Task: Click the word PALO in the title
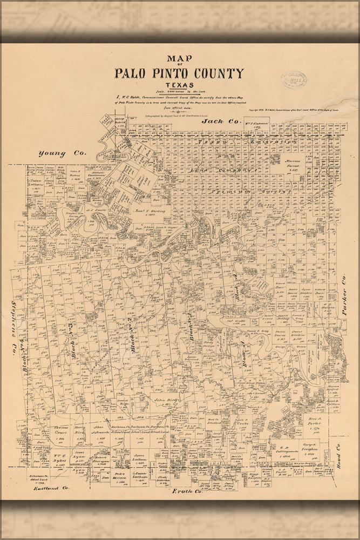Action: click(x=132, y=73)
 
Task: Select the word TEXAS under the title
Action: click(x=179, y=85)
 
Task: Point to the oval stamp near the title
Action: click(x=295, y=80)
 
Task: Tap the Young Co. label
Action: click(x=62, y=153)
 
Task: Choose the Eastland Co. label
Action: click(x=52, y=488)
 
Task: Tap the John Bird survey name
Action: click(x=166, y=400)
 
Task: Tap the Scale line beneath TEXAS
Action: click(x=179, y=92)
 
